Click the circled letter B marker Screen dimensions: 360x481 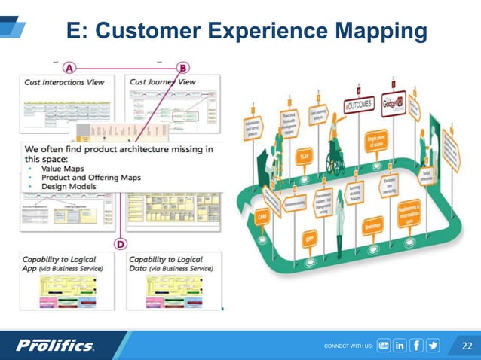click(x=184, y=66)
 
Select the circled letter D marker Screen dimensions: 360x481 click(x=120, y=243)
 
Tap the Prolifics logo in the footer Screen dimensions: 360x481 click(x=56, y=346)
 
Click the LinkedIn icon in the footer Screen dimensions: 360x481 click(x=400, y=346)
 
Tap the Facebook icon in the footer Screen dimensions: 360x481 click(x=416, y=346)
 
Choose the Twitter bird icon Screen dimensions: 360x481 click(x=433, y=346)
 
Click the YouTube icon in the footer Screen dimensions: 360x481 click(x=383, y=346)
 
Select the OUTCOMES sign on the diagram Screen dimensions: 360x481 click(x=360, y=104)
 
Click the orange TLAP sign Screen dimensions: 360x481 click(x=305, y=156)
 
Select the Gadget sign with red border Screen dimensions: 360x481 click(x=394, y=102)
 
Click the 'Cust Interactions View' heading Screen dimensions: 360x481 click(x=63, y=81)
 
